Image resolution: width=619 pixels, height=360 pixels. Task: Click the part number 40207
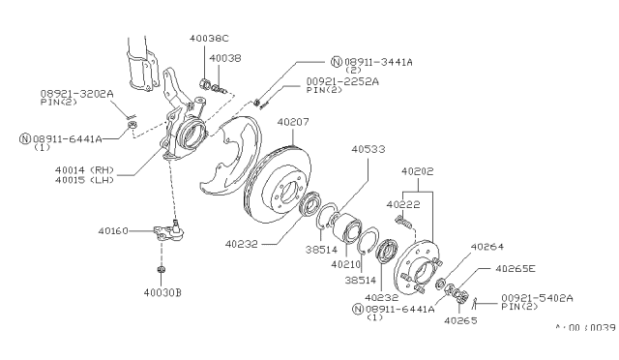pyautogui.click(x=293, y=122)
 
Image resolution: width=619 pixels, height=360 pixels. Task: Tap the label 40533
pyautogui.click(x=368, y=149)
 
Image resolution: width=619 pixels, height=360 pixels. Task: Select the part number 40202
pyautogui.click(x=417, y=171)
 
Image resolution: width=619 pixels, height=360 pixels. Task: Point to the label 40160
pyautogui.click(x=113, y=230)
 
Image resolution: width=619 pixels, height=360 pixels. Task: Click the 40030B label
pyautogui.click(x=162, y=292)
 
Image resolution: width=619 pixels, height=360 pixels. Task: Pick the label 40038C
pyautogui.click(x=209, y=39)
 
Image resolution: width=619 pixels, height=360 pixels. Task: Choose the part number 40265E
pyautogui.click(x=516, y=269)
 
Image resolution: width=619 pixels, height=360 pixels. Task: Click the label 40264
pyautogui.click(x=487, y=247)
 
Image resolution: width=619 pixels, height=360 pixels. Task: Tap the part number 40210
pyautogui.click(x=346, y=264)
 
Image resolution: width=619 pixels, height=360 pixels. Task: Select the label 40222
pyautogui.click(x=403, y=204)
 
